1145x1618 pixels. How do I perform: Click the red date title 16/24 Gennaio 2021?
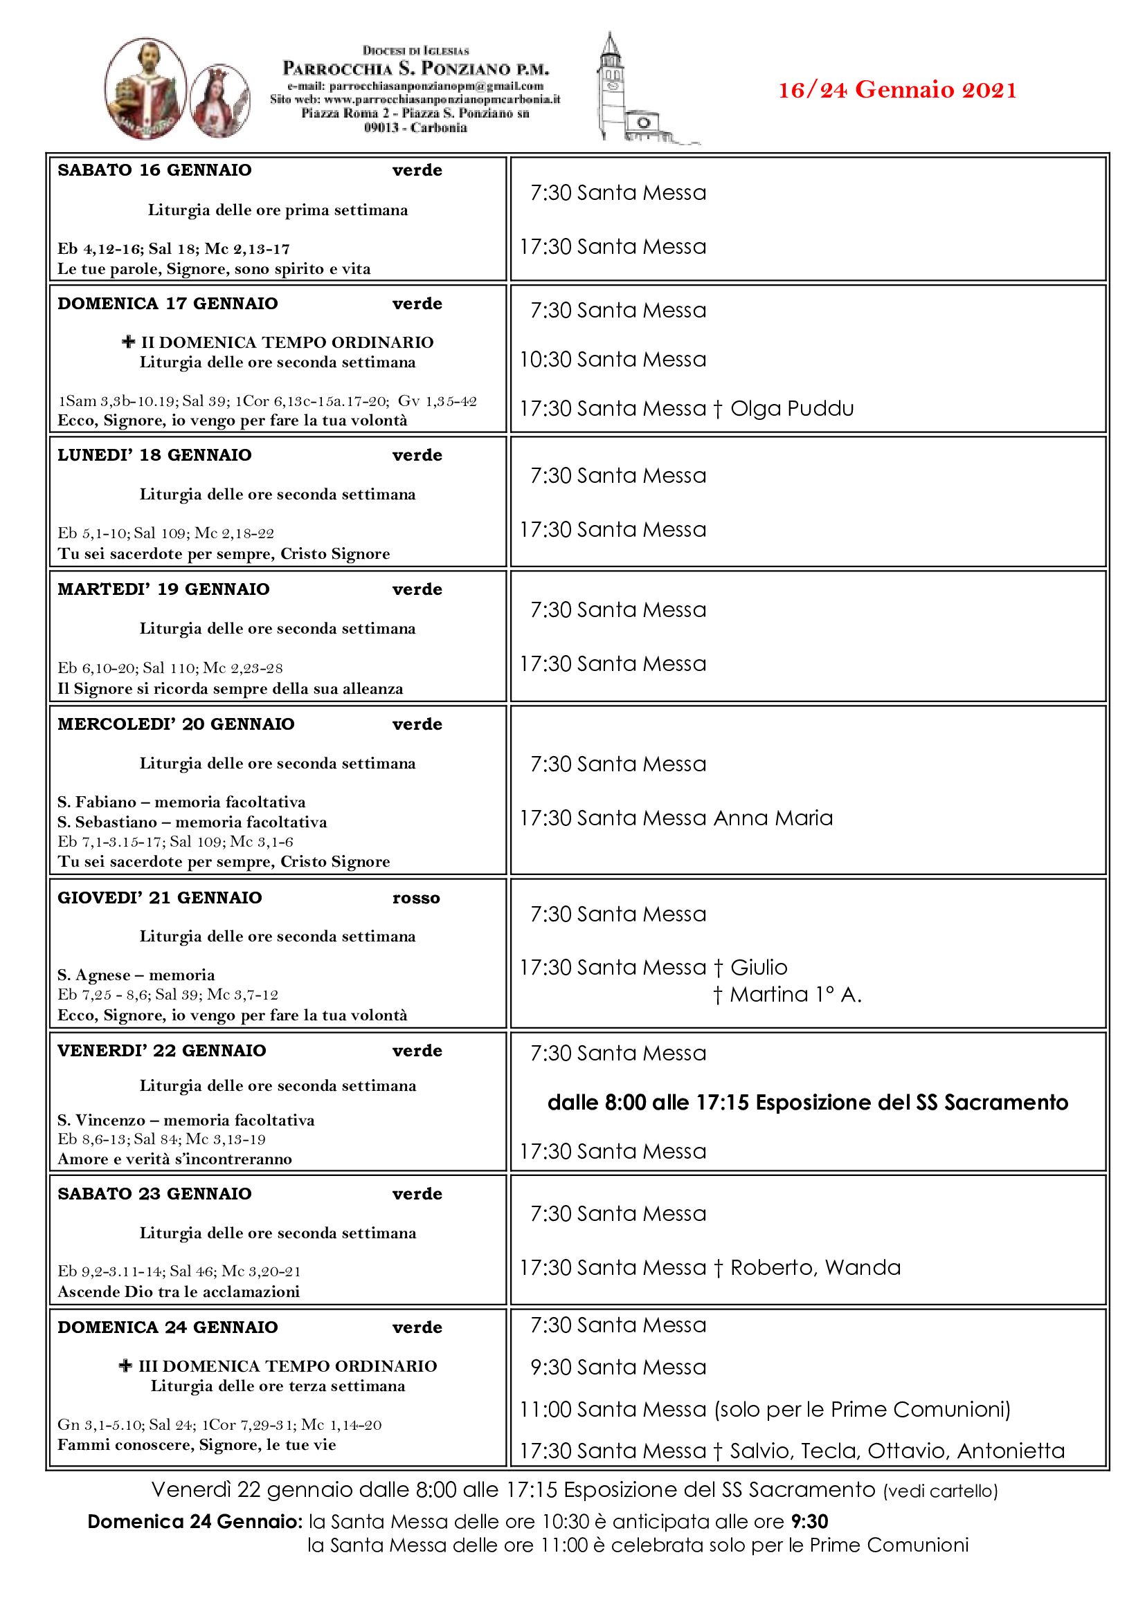click(x=896, y=90)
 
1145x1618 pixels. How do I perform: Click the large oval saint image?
click(x=145, y=88)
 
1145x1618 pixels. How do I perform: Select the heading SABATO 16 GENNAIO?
click(x=154, y=170)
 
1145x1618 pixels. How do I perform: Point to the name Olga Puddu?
click(x=792, y=408)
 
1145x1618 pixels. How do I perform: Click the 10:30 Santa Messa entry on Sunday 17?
click(x=613, y=360)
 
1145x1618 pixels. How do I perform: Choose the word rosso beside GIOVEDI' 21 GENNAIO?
click(x=416, y=898)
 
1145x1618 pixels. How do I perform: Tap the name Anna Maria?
click(x=773, y=818)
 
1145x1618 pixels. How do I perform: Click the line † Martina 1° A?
click(x=787, y=994)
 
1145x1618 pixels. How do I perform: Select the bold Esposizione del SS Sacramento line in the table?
click(x=807, y=1102)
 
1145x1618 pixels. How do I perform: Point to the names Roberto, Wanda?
click(x=815, y=1267)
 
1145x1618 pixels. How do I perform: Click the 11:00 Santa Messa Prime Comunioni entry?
click(x=765, y=1408)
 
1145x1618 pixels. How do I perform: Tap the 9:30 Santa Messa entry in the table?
click(x=617, y=1367)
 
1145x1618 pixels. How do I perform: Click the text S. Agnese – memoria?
click(x=136, y=975)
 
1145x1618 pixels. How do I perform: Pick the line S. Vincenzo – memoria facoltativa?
click(x=186, y=1120)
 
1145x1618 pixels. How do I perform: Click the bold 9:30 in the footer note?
click(x=809, y=1521)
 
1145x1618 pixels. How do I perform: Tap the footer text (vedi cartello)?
click(x=941, y=1491)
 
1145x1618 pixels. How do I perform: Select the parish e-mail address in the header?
click(x=415, y=86)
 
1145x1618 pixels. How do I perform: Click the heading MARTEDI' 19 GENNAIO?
click(x=163, y=589)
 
